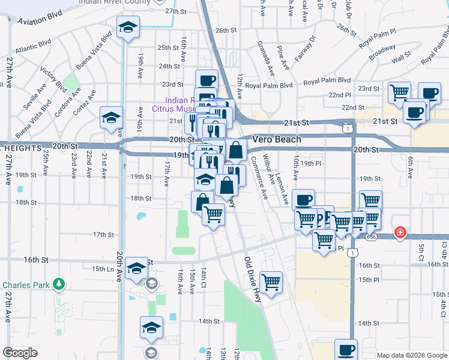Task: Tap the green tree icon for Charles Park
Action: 58,283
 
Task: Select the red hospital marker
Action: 399,232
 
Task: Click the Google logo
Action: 20,352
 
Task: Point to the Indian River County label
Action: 116,3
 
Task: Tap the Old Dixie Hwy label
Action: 256,276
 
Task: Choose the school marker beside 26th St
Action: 127,28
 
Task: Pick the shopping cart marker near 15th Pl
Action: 271,281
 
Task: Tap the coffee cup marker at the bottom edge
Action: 346,350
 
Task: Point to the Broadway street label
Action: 382,53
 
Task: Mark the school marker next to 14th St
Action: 151,327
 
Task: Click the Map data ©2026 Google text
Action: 411,355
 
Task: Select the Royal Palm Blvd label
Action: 327,80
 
